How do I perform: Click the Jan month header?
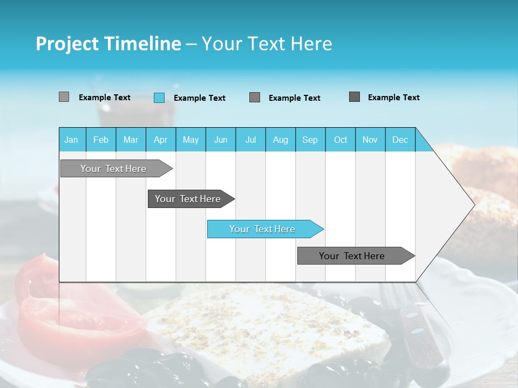pos(71,140)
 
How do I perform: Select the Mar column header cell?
pos(131,140)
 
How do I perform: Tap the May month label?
pos(190,140)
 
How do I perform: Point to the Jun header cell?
pos(221,140)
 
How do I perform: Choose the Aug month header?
pos(280,140)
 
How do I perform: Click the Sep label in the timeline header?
pos(310,140)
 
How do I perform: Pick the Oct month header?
pos(340,140)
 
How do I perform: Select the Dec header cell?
pos(400,140)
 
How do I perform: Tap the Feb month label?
pos(101,140)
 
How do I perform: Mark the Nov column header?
pos(370,140)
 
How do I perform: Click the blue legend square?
pos(159,98)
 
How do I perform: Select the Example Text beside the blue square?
pos(199,98)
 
